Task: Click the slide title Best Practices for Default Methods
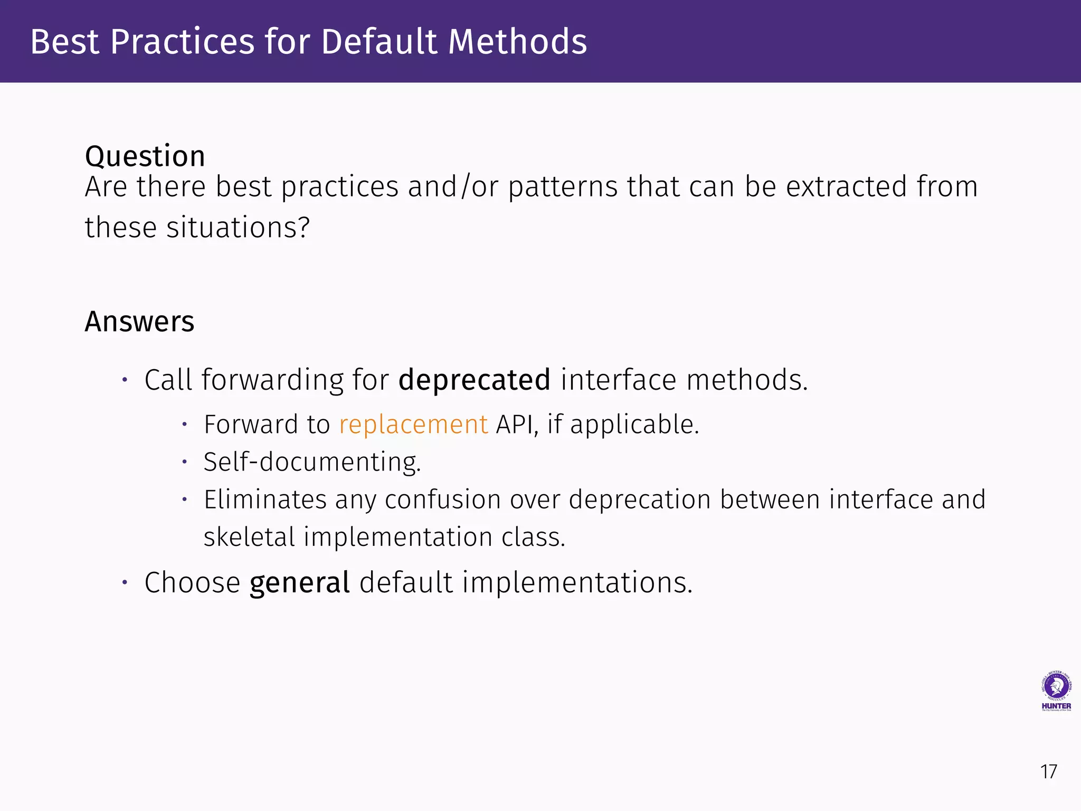[x=308, y=42]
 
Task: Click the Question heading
[x=145, y=156]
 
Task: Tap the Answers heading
[x=139, y=322]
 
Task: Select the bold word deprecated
[x=474, y=380]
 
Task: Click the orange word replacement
[x=413, y=425]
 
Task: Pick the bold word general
[x=299, y=583]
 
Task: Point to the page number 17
[x=1048, y=772]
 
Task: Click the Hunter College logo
[x=1056, y=691]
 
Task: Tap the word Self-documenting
[x=312, y=462]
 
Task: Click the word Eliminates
[x=265, y=499]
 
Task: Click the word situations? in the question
[x=238, y=228]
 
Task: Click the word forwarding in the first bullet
[x=272, y=380]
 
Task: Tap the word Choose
[x=192, y=583]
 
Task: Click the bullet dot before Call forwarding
[x=125, y=380]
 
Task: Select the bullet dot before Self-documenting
[x=184, y=462]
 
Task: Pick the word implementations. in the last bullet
[x=577, y=583]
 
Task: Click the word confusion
[x=442, y=499]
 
